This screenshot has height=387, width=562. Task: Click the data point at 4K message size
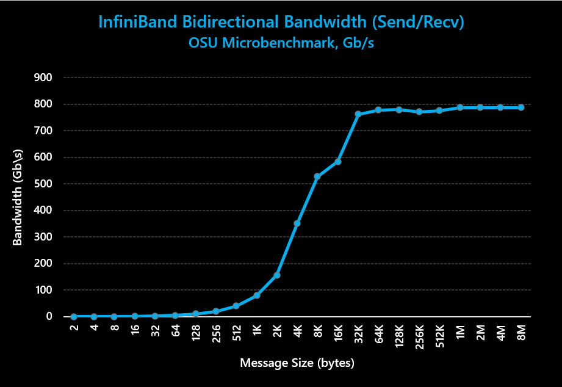pyautogui.click(x=297, y=223)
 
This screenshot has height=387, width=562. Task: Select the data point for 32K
pyautogui.click(x=358, y=114)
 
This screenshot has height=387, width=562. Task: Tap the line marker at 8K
pyautogui.click(x=317, y=176)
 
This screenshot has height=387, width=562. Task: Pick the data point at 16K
pyautogui.click(x=338, y=162)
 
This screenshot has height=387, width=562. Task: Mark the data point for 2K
pyautogui.click(x=277, y=275)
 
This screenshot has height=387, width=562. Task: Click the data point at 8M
pyautogui.click(x=521, y=107)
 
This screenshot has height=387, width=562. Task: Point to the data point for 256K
pyautogui.click(x=419, y=112)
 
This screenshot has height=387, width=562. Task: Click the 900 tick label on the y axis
pyautogui.click(x=43, y=78)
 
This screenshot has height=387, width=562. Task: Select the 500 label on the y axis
pyautogui.click(x=43, y=184)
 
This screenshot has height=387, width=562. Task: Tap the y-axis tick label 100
pyautogui.click(x=43, y=290)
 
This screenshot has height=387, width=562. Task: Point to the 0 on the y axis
pyautogui.click(x=49, y=317)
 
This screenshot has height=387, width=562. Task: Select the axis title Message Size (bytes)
pyautogui.click(x=297, y=363)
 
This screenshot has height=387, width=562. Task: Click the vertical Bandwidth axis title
pyautogui.click(x=18, y=197)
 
